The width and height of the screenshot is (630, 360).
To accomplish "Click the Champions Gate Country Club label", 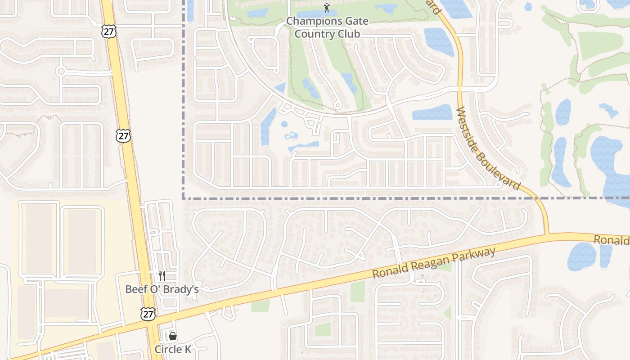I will pos(327,27).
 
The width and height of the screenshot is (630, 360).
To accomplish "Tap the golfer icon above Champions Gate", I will pos(327,8).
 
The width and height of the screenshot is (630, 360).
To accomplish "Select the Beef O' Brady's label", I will pos(162,289).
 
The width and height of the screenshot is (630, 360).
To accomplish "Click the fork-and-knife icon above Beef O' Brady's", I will pos(162,275).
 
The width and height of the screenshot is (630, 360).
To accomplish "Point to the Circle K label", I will pos(172,349).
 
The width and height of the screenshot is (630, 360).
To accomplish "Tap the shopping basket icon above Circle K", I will pos(172,336).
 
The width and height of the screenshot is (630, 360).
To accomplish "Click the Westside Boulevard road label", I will pos(488,148).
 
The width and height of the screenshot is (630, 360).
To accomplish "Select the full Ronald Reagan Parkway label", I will pos(434,263).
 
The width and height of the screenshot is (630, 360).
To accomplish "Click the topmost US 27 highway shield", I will pos(109,31).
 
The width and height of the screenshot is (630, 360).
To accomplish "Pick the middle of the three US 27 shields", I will pos(123,135).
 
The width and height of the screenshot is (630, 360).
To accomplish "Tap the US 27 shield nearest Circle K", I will pos(148,314).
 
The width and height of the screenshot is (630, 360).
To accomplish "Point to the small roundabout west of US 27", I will pos(61,71).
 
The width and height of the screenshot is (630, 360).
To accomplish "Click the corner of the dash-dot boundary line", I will pos(184,198).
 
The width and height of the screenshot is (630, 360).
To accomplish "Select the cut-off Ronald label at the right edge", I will pos(612,240).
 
